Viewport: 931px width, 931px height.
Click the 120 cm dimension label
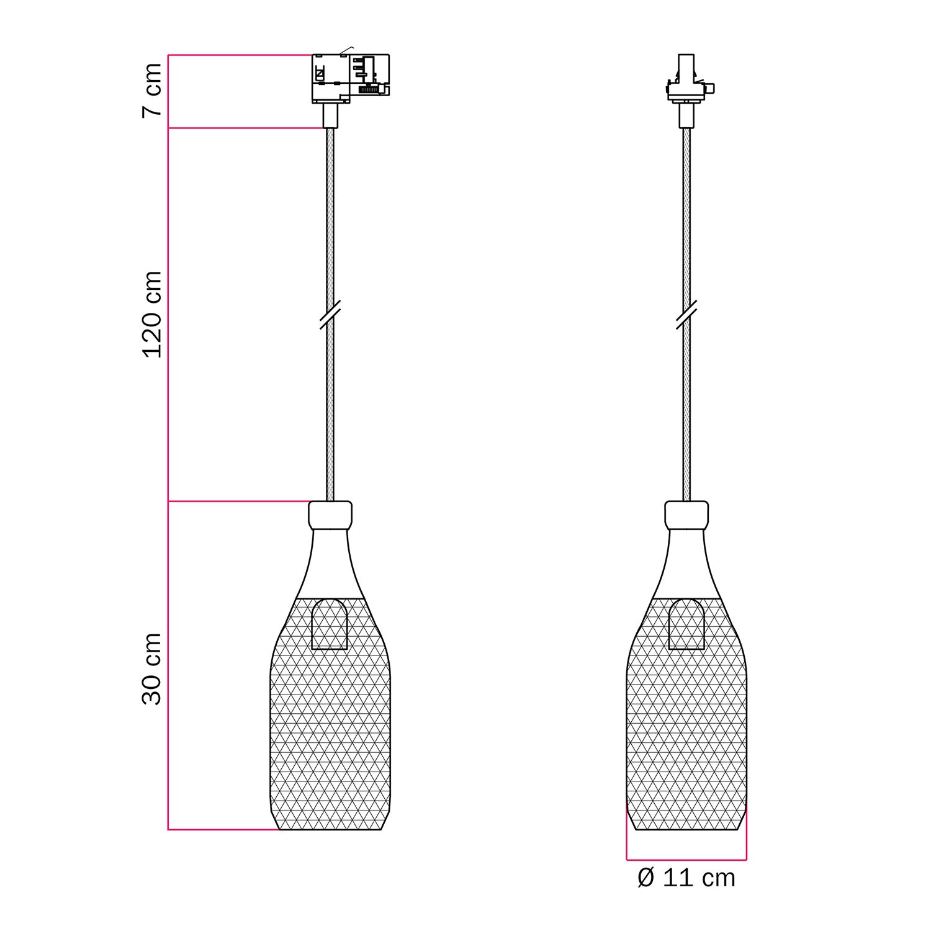[x=152, y=314]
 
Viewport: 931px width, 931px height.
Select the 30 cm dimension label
[x=152, y=669]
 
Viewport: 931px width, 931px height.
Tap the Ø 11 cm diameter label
[x=686, y=878]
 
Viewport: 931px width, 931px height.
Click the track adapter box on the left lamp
[x=350, y=78]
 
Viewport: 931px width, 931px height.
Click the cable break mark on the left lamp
[x=330, y=315]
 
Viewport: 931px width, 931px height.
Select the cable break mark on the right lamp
[x=686, y=315]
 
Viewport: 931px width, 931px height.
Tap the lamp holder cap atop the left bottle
[x=330, y=515]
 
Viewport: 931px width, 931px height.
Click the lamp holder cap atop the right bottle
[x=686, y=515]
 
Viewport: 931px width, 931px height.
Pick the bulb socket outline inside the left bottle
[x=330, y=624]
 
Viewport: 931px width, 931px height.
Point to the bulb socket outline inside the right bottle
[x=686, y=624]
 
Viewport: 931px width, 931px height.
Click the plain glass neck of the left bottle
[x=330, y=562]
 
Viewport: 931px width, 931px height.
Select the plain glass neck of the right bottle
[x=686, y=562]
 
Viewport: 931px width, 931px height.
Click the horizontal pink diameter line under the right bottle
[x=686, y=860]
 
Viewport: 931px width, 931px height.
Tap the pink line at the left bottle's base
[x=223, y=829]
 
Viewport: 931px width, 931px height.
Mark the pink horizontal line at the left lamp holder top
[x=239, y=501]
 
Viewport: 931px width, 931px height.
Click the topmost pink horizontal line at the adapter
[x=239, y=55]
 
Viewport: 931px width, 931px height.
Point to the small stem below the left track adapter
[x=330, y=115]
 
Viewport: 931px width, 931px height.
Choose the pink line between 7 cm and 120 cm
[x=245, y=128]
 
